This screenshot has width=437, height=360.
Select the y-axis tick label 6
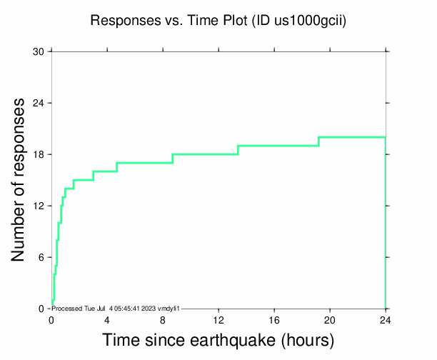tap(41, 257)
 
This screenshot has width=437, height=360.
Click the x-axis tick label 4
tap(107, 321)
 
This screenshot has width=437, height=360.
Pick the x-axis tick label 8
tap(163, 321)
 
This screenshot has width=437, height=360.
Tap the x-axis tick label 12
tap(218, 321)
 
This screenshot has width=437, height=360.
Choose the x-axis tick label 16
tap(274, 321)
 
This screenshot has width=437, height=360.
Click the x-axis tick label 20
tap(330, 321)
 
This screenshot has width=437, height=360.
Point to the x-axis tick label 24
tap(386, 321)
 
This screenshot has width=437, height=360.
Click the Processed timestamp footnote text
tap(115, 308)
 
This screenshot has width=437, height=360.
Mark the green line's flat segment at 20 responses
tap(352, 137)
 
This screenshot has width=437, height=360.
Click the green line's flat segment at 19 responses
tap(278, 146)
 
